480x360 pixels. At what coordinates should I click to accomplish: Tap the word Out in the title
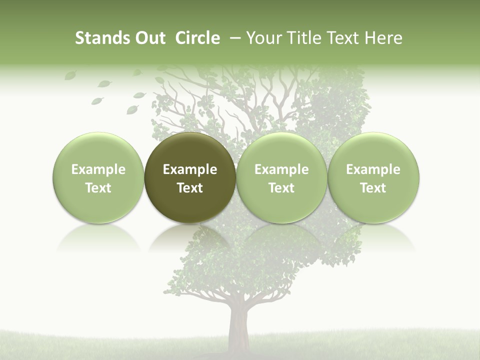(x=148, y=38)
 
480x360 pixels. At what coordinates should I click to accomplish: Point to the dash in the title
(x=233, y=38)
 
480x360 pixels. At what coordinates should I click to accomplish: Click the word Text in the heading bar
(x=344, y=38)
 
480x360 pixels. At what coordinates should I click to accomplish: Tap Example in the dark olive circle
(x=190, y=169)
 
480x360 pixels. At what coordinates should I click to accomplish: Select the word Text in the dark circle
(x=190, y=188)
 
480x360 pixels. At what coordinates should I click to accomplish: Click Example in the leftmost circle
(x=98, y=169)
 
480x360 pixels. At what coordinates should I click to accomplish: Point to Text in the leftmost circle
(x=98, y=188)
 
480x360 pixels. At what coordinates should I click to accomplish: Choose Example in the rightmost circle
(x=373, y=169)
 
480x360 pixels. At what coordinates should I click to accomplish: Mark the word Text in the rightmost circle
(x=373, y=188)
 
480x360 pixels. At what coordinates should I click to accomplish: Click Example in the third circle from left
(x=281, y=169)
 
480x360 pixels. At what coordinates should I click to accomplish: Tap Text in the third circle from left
(x=281, y=188)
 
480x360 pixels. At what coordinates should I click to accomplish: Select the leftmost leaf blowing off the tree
(x=70, y=75)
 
